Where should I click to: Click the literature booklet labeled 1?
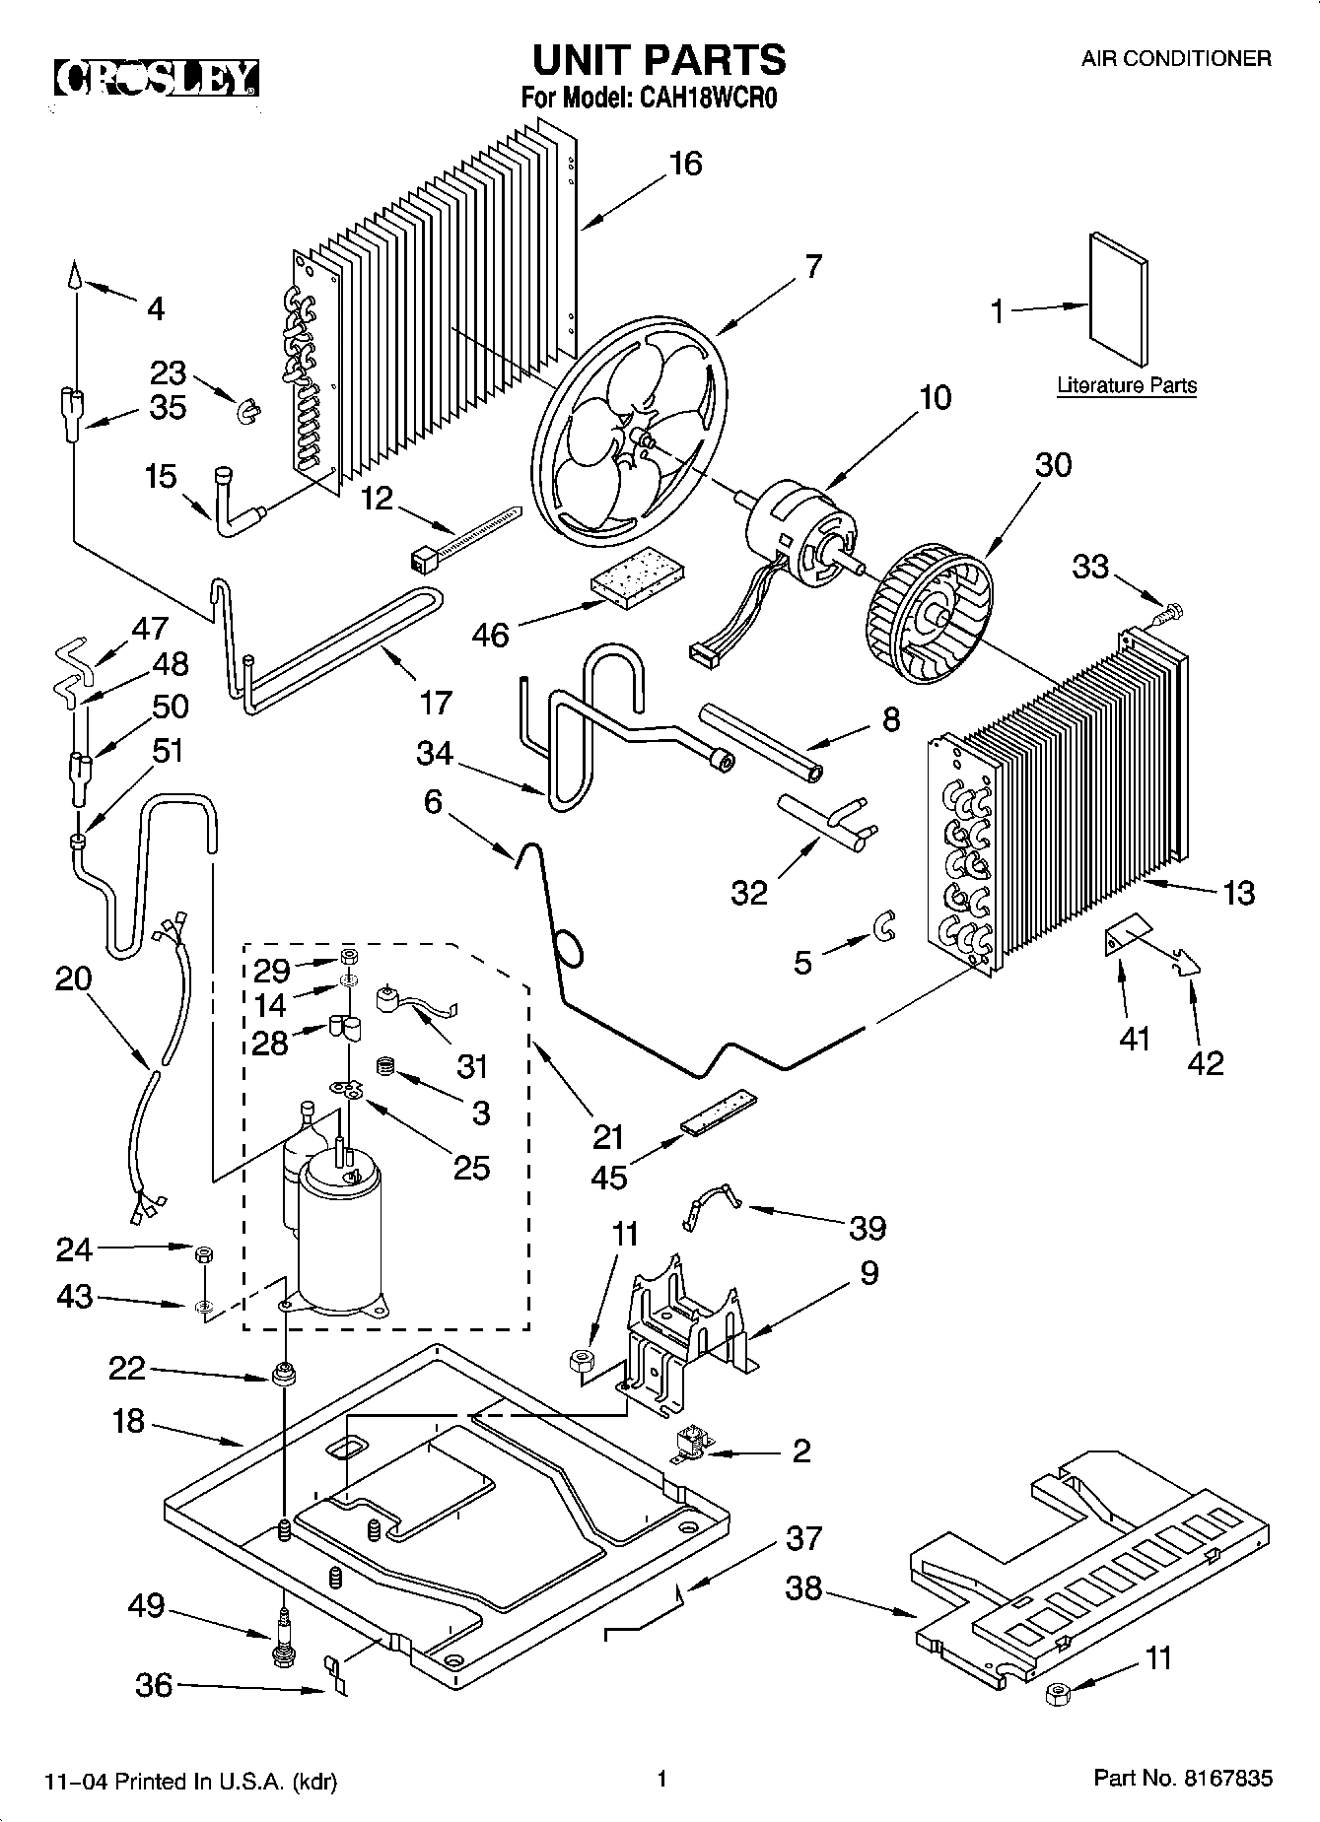click(x=1118, y=302)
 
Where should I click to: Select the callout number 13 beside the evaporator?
click(x=1238, y=893)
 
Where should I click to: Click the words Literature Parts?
click(x=1126, y=385)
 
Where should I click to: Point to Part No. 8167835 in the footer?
click(x=1182, y=1779)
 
